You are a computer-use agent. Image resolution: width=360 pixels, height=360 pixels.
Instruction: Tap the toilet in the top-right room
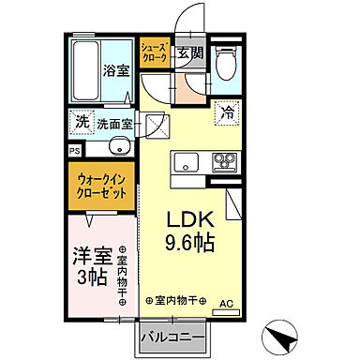click(225, 64)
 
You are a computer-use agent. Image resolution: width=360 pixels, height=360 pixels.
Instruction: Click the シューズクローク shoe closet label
click(154, 52)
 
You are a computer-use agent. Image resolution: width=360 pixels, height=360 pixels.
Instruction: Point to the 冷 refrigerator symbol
click(227, 112)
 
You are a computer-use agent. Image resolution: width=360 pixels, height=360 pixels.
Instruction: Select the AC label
click(226, 303)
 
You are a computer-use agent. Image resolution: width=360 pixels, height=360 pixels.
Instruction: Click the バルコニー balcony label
click(175, 335)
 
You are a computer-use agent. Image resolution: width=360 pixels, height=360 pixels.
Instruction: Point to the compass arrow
click(280, 335)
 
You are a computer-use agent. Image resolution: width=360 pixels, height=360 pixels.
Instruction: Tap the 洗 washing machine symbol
click(82, 122)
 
